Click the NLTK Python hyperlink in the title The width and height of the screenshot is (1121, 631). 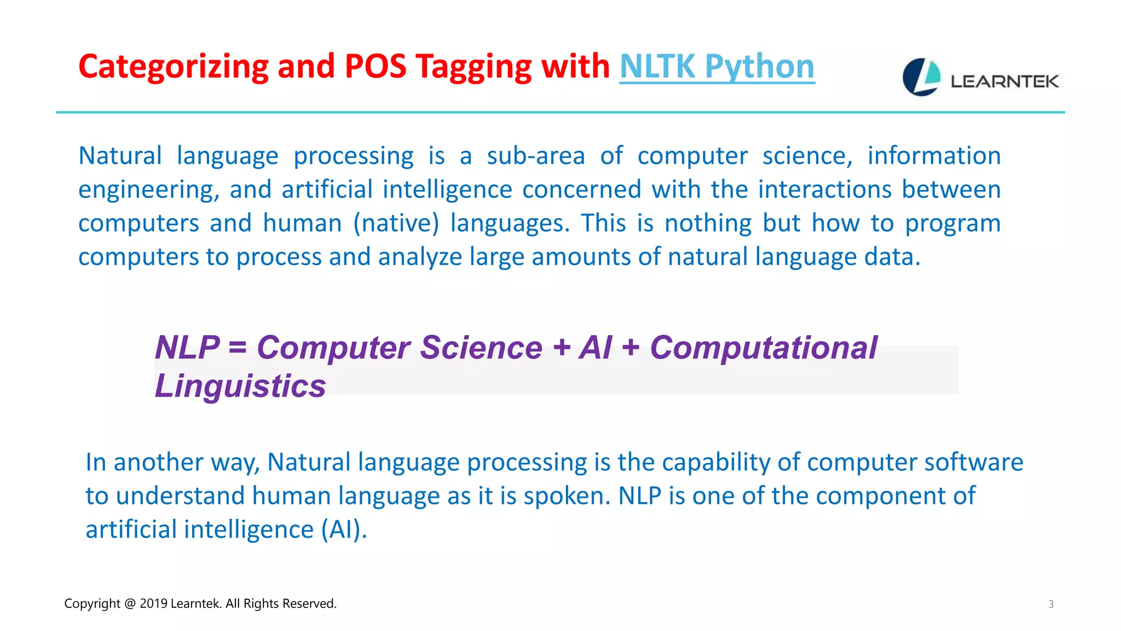coord(716,67)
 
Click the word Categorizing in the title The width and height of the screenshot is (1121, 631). coord(173,67)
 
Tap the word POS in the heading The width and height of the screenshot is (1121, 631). coord(375,67)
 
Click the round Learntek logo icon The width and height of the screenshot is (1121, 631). coord(921,77)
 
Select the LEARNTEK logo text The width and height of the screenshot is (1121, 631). coord(1004,82)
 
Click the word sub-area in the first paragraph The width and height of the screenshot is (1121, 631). coord(535,156)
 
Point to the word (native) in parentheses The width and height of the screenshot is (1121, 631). coord(396,223)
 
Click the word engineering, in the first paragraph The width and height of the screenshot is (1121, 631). coord(148,190)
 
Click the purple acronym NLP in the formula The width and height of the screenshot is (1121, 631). coord(187,347)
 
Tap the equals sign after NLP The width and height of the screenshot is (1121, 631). coord(238,348)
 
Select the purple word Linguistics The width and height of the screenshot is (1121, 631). coord(240,386)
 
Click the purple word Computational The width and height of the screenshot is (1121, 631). coord(764,347)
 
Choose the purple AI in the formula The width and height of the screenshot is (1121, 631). coord(595,347)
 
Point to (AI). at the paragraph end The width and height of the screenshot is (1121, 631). coord(344,530)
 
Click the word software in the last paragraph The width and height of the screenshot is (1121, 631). coord(973,462)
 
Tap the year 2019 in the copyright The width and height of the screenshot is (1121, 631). coord(153,604)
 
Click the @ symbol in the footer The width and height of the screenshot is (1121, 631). coord(130,604)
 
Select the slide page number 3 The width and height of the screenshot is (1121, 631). coord(1050,604)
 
